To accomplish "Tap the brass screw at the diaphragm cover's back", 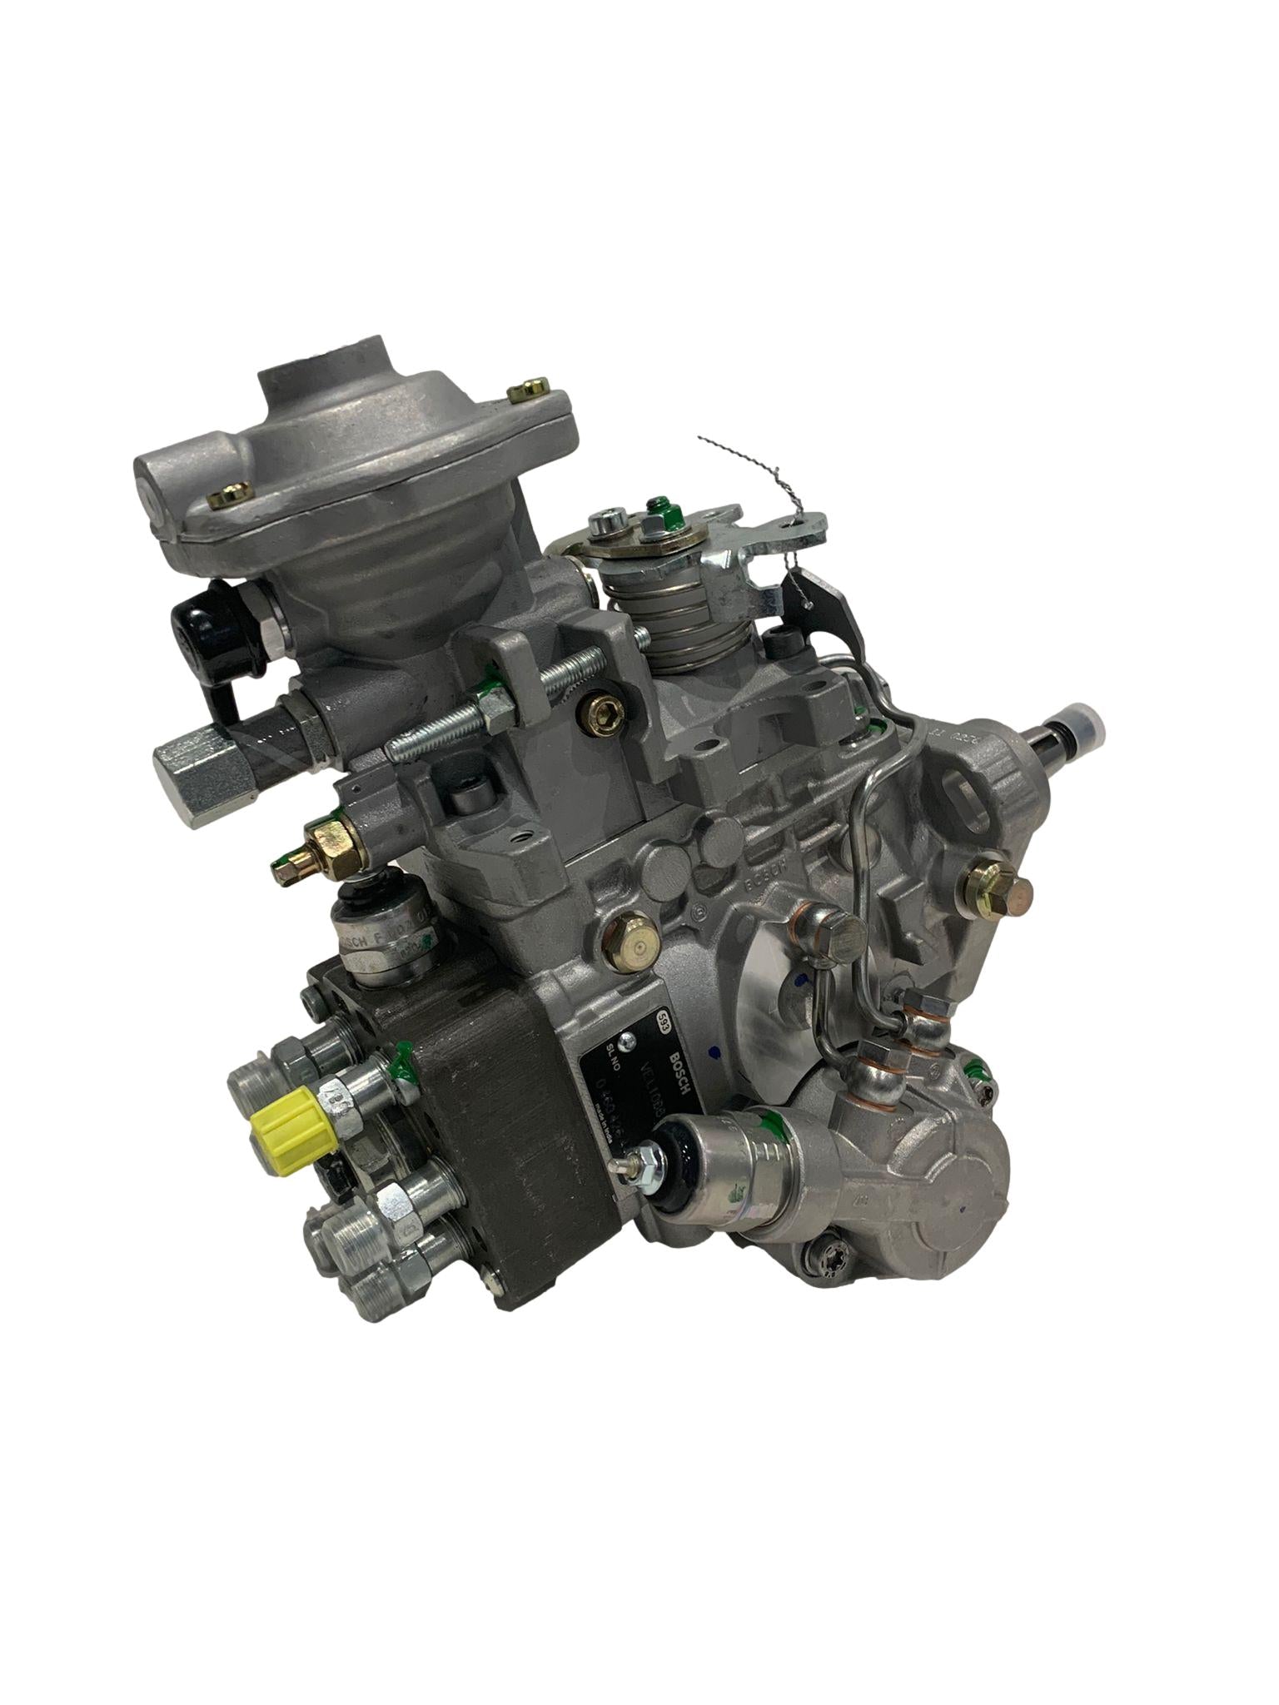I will click(531, 390).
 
